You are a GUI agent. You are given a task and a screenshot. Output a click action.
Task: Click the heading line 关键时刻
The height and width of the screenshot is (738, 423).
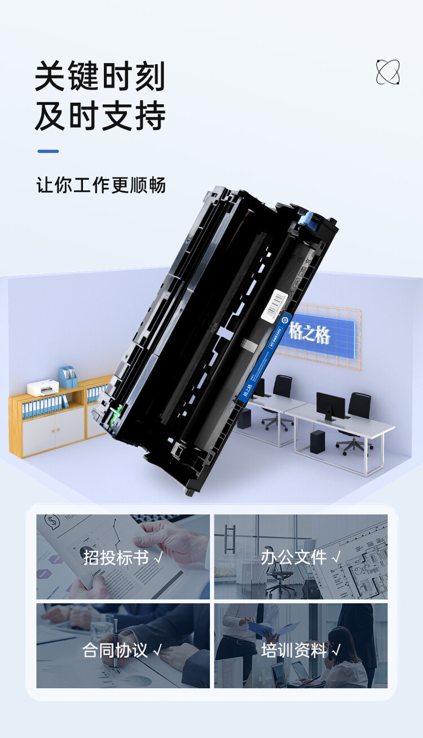(100, 76)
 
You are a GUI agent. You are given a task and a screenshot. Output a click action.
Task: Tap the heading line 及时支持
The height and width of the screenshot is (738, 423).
(100, 117)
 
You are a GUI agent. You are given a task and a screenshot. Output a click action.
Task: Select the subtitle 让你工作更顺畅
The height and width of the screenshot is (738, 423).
(101, 185)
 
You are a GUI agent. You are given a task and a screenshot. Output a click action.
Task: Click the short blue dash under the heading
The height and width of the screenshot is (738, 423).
(48, 151)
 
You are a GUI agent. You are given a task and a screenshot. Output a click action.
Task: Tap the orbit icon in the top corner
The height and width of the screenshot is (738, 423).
(387, 72)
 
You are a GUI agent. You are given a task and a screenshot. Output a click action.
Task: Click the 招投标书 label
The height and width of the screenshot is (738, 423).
(116, 558)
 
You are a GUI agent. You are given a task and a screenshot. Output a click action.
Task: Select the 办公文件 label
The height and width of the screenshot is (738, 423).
(293, 558)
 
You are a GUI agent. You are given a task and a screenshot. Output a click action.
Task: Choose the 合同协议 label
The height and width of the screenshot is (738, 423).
(115, 650)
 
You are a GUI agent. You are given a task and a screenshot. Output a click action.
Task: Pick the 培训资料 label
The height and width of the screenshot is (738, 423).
(293, 650)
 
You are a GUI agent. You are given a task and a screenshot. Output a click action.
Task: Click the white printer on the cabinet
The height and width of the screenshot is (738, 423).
(43, 388)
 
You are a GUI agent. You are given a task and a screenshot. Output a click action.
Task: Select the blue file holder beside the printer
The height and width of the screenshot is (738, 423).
(68, 377)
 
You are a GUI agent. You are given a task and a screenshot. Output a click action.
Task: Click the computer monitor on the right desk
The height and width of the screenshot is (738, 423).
(331, 405)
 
